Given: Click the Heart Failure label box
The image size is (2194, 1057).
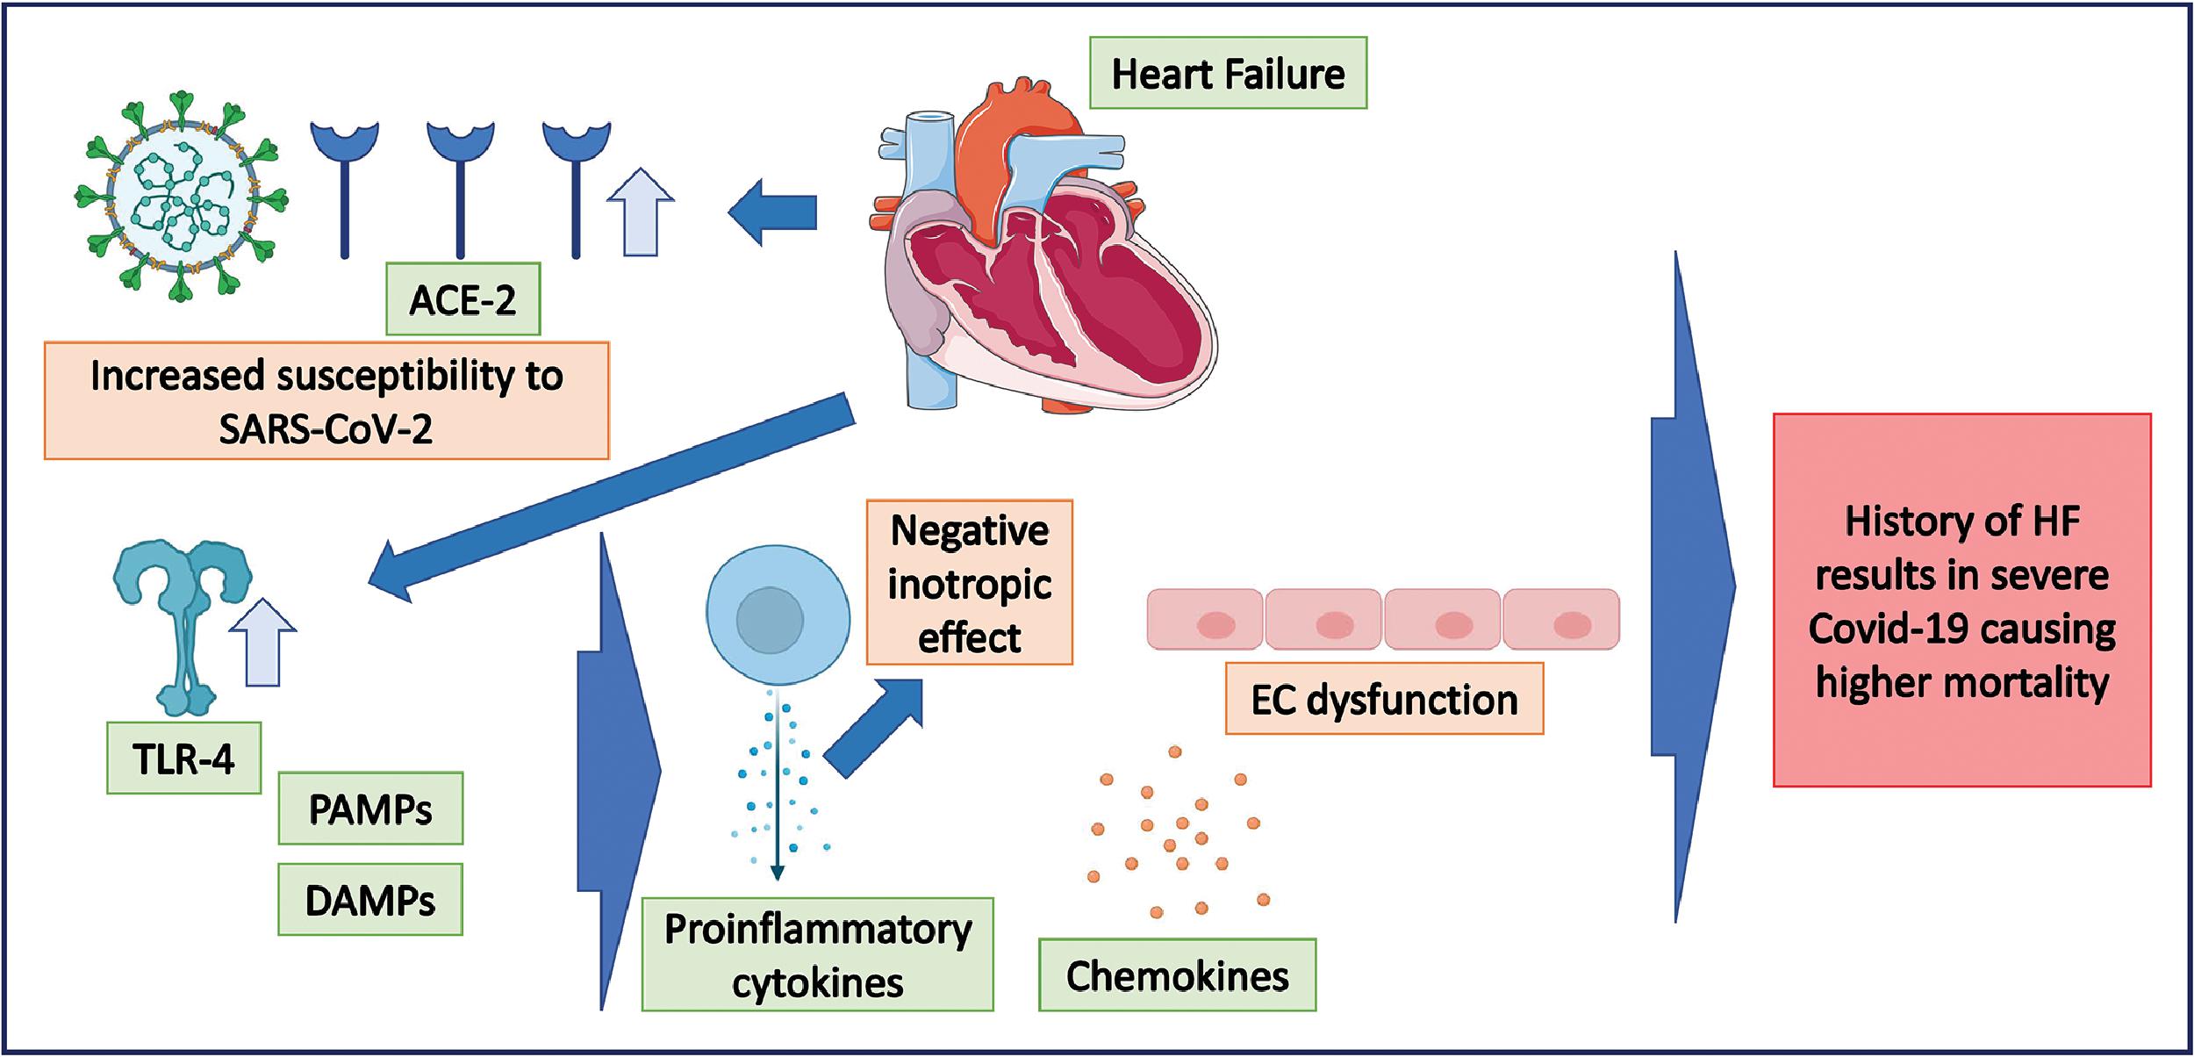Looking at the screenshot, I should [x=1228, y=73].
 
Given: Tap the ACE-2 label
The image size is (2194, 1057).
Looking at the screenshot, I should [x=462, y=299].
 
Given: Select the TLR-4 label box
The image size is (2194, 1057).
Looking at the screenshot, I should [x=183, y=759].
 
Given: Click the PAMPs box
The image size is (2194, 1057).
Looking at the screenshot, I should [x=370, y=809].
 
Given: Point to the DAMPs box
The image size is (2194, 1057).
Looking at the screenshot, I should [x=370, y=900].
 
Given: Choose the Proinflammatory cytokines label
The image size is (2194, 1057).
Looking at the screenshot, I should [x=817, y=954].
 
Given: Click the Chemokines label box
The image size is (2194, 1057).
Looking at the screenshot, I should [x=1177, y=975].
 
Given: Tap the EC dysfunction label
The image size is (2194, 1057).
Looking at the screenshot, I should [x=1384, y=700].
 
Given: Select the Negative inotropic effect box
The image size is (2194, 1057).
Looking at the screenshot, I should [x=969, y=583].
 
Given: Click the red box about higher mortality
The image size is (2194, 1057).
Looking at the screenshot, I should [x=1961, y=600].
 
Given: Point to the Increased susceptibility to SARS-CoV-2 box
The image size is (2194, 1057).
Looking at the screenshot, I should [x=326, y=401].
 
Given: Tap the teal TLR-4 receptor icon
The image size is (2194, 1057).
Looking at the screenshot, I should [x=183, y=615].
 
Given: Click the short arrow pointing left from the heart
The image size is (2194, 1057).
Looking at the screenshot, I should [x=771, y=212].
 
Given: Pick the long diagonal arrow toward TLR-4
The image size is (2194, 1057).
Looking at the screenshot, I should [x=614, y=496].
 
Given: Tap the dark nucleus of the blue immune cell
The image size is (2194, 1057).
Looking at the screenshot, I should [x=770, y=620].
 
